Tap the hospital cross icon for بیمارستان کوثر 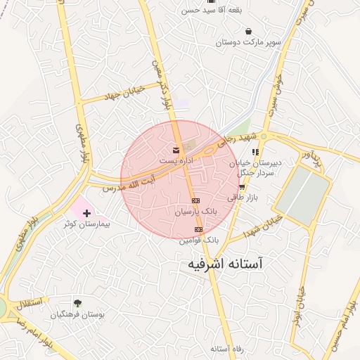coord(86,212)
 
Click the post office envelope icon coord(176,150)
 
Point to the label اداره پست coord(176,161)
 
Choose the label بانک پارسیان coord(197,211)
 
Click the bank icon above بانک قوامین coord(198,229)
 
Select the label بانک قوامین coord(199,240)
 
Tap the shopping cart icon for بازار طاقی coord(242,187)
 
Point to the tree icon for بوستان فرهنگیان coord(77,304)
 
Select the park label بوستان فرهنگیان coord(82,315)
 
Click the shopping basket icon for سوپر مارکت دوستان coord(248,31)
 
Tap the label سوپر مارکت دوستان coord(248,42)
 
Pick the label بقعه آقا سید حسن coord(207,11)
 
